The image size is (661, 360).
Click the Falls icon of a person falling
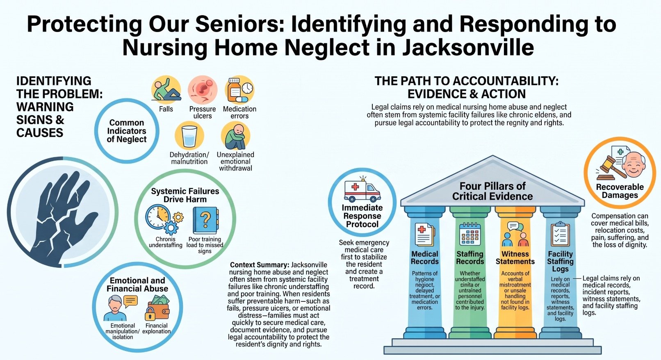pyautogui.click(x=166, y=90)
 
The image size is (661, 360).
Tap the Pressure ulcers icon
pyautogui.click(x=203, y=90)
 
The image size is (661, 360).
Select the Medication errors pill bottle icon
pyautogui.click(x=239, y=90)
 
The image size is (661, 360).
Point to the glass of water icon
pyautogui.click(x=189, y=136)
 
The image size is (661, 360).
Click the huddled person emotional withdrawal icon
pyautogui.click(x=235, y=136)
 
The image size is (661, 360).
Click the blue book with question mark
pyautogui.click(x=206, y=220)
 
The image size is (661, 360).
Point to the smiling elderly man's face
pyautogui.click(x=633, y=165)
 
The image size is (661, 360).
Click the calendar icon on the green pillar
pyautogui.click(x=470, y=234)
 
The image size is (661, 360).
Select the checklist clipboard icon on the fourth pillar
pyautogui.click(x=560, y=234)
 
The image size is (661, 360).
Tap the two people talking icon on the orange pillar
pyautogui.click(x=515, y=234)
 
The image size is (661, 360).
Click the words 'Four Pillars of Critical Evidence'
pyautogui.click(x=492, y=191)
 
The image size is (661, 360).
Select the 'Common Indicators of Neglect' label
pyautogui.click(x=127, y=131)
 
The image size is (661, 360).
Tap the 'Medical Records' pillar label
pyautogui.click(x=425, y=257)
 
